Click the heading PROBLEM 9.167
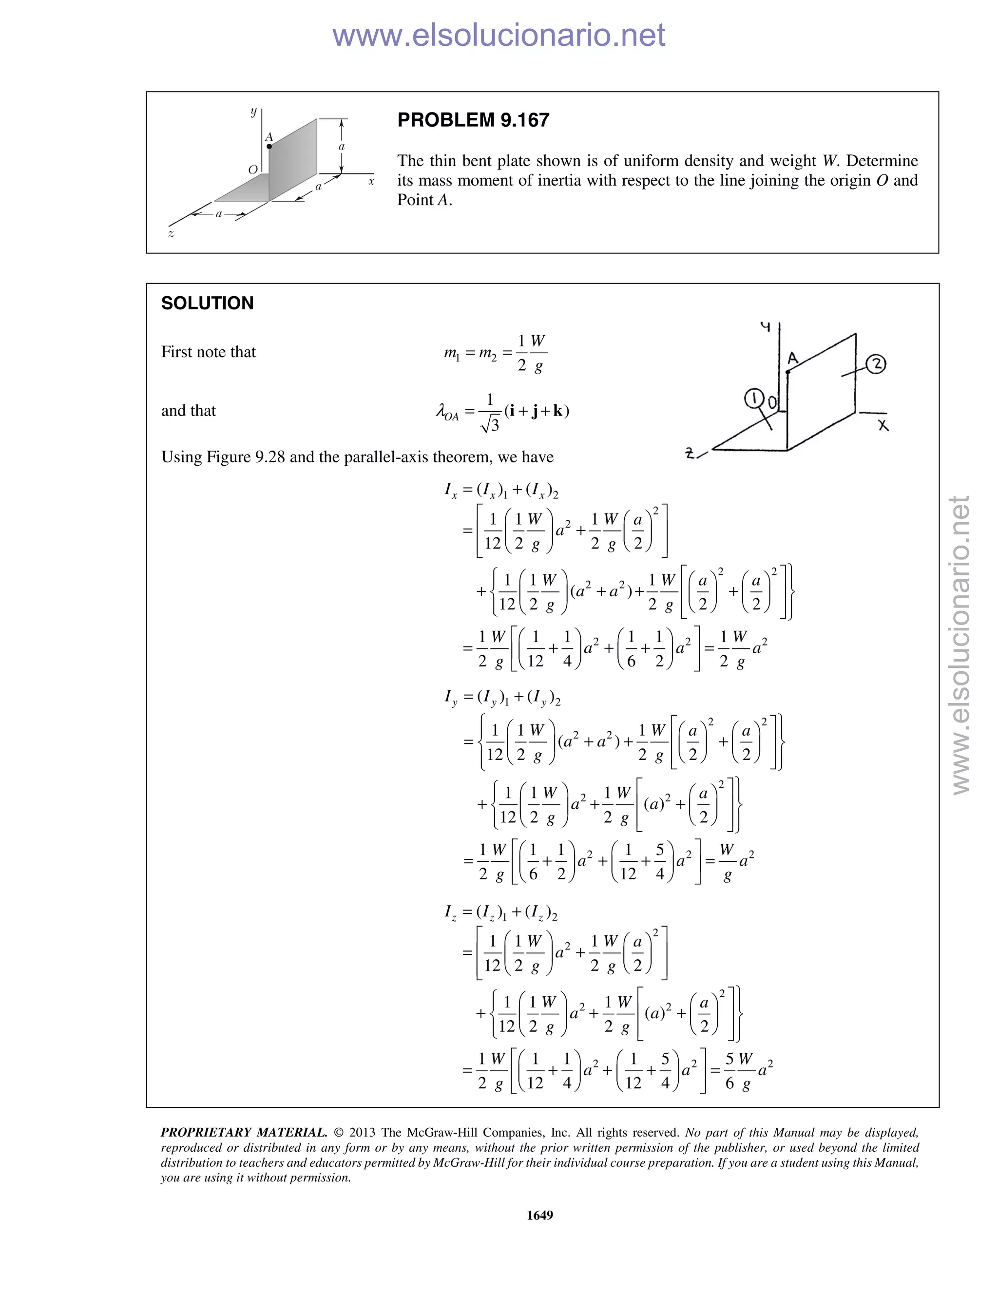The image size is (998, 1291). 473,120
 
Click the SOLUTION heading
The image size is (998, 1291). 207,303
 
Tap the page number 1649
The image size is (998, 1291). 539,1215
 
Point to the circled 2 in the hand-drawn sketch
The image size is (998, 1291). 876,364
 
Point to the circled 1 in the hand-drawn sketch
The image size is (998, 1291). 753,399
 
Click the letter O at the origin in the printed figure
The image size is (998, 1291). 253,170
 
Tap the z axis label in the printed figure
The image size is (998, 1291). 171,234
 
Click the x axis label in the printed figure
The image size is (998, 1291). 371,182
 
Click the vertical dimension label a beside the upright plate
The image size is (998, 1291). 341,146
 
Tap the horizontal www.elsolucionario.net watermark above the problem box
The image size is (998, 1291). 499,35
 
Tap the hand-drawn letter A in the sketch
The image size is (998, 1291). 793,358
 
